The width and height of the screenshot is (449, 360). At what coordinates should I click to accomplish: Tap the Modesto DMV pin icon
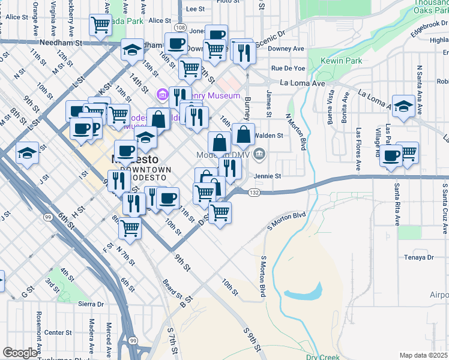click(259, 154)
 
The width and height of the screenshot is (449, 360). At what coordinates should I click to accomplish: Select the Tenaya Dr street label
click(418, 257)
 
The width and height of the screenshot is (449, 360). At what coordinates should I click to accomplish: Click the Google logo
click(20, 353)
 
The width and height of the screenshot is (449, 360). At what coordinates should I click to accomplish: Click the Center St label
click(58, 332)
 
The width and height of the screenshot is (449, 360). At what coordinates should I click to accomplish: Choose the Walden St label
click(270, 136)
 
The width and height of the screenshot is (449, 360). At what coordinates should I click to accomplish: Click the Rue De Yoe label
click(288, 68)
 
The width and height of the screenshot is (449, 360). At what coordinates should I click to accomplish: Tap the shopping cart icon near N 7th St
click(130, 228)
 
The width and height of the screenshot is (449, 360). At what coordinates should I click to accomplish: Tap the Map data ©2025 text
click(424, 355)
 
